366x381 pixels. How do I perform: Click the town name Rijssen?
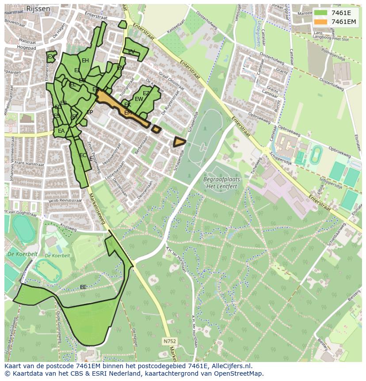(x=37, y=8)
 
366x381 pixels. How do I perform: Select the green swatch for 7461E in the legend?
(x=320, y=13)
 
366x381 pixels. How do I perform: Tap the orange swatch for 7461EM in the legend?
(x=320, y=22)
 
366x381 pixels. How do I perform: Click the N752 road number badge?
(x=169, y=341)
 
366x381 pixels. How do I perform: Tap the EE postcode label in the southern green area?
(x=83, y=287)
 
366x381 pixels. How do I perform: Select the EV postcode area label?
(x=131, y=52)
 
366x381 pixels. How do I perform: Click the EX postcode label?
(x=51, y=57)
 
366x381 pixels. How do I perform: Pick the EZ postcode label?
(x=146, y=93)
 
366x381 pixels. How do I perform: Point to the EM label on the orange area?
(x=128, y=113)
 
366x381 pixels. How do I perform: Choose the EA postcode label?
(x=61, y=131)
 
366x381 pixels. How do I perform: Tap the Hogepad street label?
(x=26, y=46)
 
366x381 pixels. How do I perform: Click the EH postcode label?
(x=85, y=61)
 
